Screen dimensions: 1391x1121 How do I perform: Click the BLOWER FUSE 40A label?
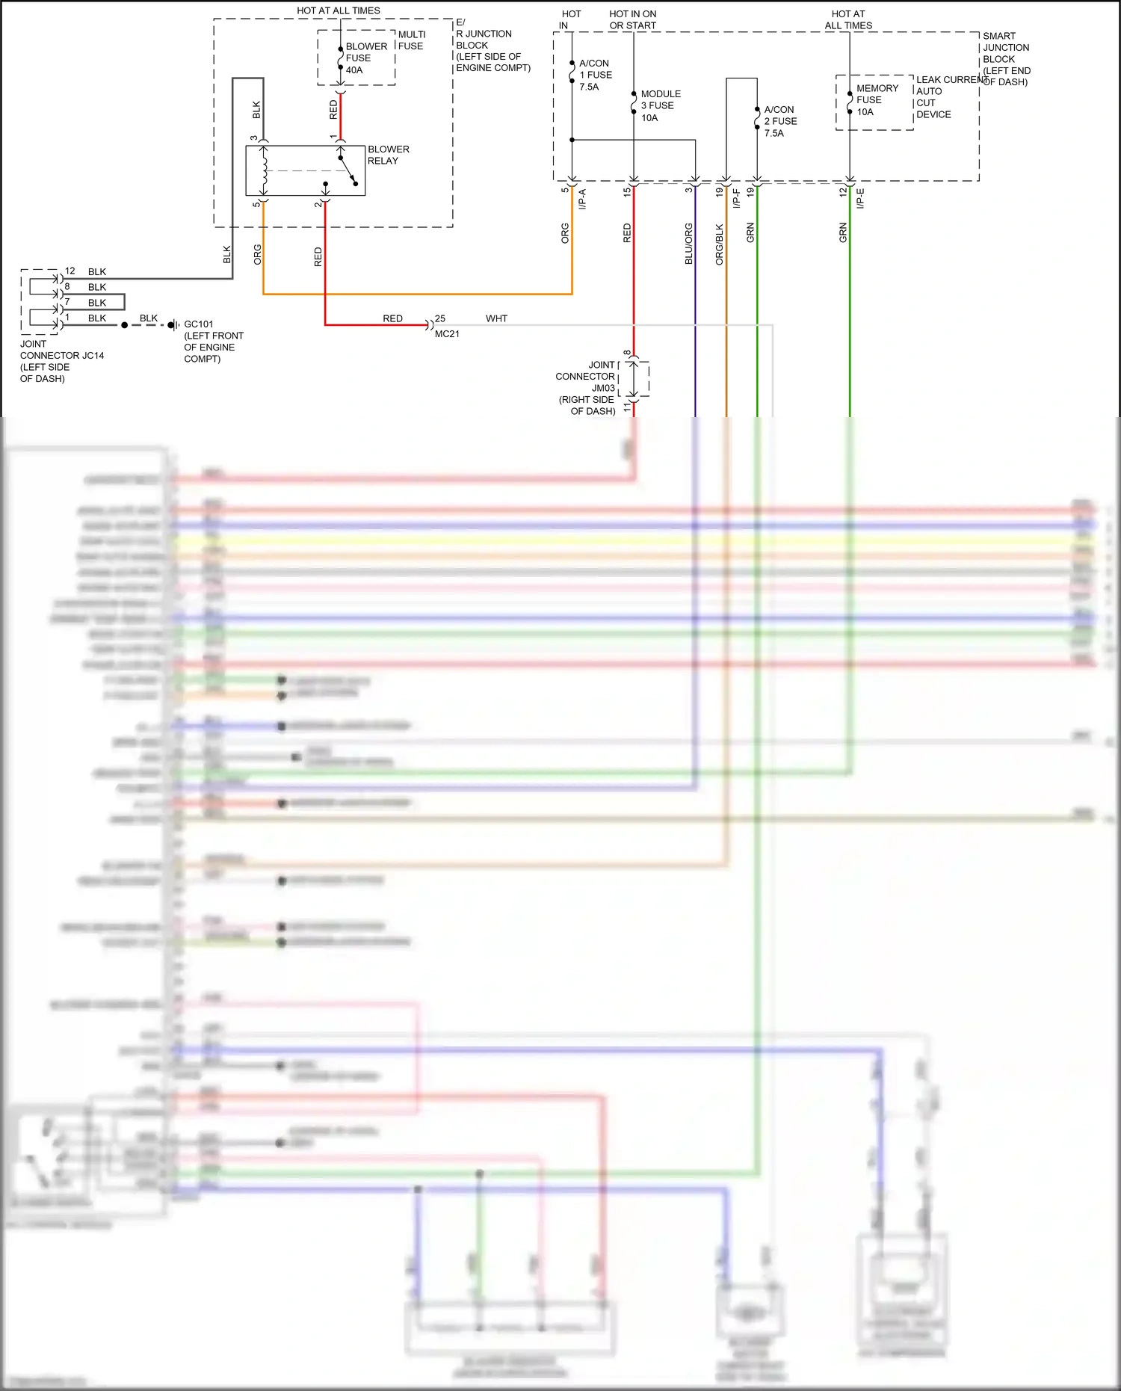point(365,58)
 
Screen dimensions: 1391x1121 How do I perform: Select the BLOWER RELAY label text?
point(388,155)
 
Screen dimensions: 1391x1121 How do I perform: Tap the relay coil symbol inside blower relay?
point(264,170)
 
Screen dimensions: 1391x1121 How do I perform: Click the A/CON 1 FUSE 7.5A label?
point(596,75)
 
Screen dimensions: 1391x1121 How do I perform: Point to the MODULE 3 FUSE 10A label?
point(661,105)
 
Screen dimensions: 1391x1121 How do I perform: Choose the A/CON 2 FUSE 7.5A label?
point(780,121)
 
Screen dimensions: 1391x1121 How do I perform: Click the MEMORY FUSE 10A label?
point(877,99)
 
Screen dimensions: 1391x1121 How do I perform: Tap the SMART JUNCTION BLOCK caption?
point(1006,58)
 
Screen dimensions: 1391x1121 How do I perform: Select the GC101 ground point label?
point(199,324)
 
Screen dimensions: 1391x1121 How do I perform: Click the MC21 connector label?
point(447,334)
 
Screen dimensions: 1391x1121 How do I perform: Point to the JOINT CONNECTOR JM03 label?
point(587,387)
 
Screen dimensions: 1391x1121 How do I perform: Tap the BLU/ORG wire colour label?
point(689,244)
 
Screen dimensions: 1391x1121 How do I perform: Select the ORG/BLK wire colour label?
point(720,244)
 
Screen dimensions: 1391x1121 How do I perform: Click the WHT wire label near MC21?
point(496,318)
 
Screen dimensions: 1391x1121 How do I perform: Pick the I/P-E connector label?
point(860,198)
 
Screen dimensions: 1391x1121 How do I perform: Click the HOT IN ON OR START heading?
point(632,19)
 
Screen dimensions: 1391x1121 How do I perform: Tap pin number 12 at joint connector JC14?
point(70,271)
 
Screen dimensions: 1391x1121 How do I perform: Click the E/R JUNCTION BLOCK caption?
point(492,45)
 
